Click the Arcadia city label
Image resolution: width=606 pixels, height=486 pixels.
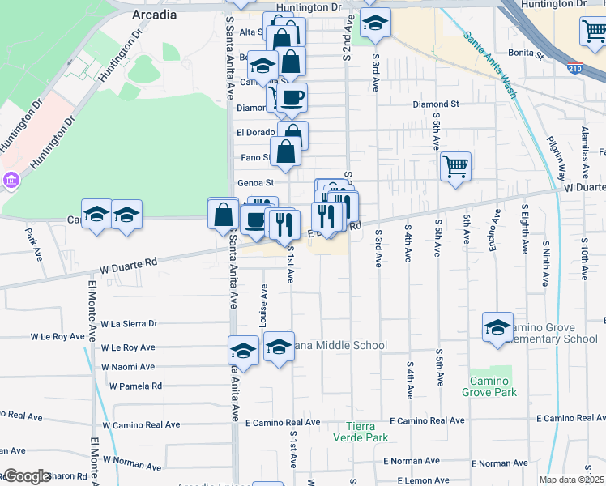153,15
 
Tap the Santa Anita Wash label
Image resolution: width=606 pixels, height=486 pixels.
489,64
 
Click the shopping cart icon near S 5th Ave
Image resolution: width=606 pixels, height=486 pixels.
455,167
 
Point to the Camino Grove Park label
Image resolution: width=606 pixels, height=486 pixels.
490,386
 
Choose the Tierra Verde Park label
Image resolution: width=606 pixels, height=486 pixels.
361,432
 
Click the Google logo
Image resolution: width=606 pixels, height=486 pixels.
26,476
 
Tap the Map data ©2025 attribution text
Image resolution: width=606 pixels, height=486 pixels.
571,480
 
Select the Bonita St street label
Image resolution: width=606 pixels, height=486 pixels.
526,53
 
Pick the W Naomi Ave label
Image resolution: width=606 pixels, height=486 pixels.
128,367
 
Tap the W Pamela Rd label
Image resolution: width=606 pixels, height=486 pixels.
131,386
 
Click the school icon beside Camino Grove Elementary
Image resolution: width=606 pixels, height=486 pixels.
498,327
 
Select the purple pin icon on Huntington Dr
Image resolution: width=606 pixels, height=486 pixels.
11,179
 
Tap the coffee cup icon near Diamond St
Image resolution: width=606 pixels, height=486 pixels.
292,99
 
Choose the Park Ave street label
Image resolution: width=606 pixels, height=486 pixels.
33,243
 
